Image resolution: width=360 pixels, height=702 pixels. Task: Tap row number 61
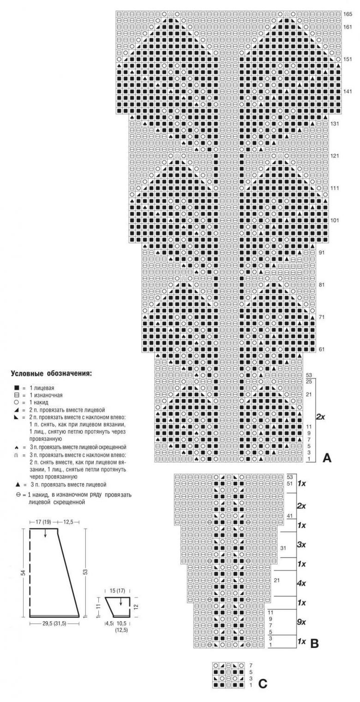pyautogui.click(x=322, y=349)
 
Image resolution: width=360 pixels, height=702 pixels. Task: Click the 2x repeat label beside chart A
pyautogui.click(x=321, y=417)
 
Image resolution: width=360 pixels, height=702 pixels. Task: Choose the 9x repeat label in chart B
pyautogui.click(x=301, y=622)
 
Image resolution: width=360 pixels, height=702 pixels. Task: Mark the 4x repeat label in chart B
pyautogui.click(x=301, y=583)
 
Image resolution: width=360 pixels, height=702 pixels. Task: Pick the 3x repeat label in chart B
pyautogui.click(x=301, y=544)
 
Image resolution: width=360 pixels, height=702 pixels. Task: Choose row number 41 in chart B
pyautogui.click(x=289, y=515)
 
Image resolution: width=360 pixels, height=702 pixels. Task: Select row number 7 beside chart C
pyautogui.click(x=251, y=666)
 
